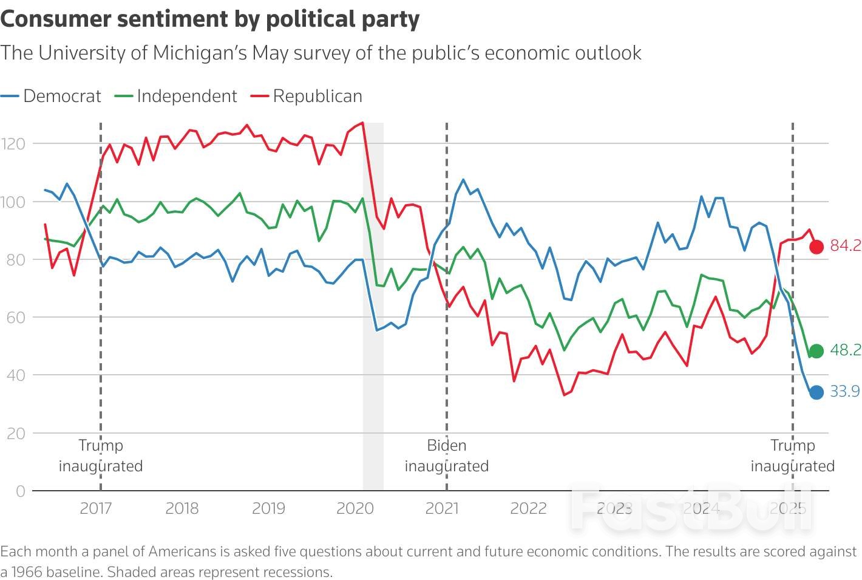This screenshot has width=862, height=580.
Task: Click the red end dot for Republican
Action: click(x=816, y=247)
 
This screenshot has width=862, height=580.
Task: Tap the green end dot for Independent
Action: click(x=816, y=351)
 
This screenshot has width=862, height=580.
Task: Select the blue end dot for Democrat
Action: click(x=816, y=392)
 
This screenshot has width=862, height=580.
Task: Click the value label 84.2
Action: click(x=846, y=245)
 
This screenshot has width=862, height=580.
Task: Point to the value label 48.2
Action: click(x=846, y=350)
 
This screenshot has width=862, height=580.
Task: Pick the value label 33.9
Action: click(x=845, y=391)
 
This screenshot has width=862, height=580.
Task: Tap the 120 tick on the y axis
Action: click(x=13, y=144)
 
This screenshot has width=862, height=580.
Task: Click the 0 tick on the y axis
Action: click(x=21, y=491)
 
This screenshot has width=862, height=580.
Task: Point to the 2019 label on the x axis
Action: click(x=268, y=508)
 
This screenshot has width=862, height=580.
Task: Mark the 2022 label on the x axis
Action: click(x=528, y=508)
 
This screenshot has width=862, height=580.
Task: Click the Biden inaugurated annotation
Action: click(x=447, y=455)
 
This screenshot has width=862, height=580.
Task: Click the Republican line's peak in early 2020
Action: click(x=362, y=123)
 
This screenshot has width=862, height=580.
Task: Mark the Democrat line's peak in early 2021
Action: click(x=463, y=180)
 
